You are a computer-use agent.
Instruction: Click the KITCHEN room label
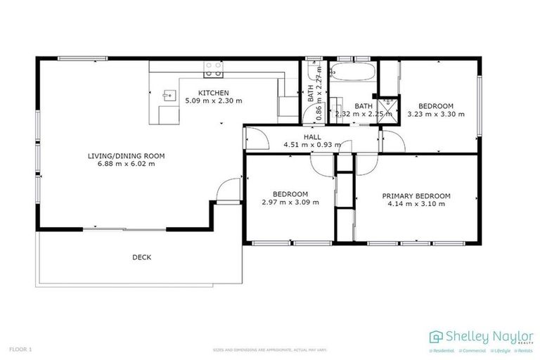point(213,93)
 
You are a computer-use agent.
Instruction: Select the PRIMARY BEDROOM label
point(416,195)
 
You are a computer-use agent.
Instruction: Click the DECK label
point(141,257)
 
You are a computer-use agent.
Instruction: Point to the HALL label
point(312,137)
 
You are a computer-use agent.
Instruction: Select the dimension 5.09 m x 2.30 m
point(213,101)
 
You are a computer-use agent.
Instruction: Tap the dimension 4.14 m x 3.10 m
point(416,203)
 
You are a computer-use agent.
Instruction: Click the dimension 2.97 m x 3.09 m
point(290,202)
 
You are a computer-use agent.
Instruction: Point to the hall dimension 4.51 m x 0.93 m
point(312,145)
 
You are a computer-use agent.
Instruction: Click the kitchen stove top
point(213,69)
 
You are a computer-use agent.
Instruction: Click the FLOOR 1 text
point(20,349)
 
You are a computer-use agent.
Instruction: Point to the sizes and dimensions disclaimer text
point(270,349)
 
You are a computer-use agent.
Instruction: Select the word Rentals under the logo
point(524,350)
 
